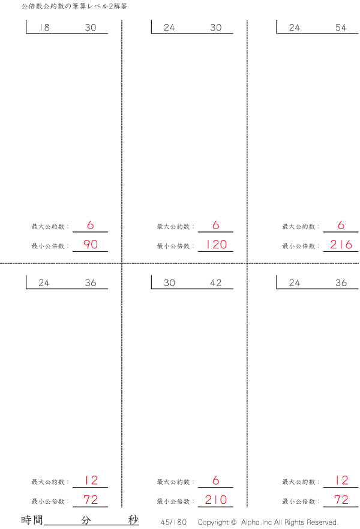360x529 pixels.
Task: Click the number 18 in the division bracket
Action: tap(44, 28)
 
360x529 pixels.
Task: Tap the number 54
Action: tap(341, 28)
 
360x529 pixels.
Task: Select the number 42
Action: tap(215, 282)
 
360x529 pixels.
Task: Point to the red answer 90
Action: tap(91, 244)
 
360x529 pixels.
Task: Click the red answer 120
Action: tap(216, 244)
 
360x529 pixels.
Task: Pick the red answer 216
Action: tap(341, 244)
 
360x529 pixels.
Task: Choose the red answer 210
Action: tap(216, 500)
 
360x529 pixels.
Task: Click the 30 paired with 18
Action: tap(91, 28)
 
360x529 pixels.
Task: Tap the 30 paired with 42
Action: tap(169, 282)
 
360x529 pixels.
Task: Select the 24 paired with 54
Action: tap(294, 28)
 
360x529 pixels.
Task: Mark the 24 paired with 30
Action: tap(169, 28)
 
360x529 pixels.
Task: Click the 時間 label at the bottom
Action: tap(32, 520)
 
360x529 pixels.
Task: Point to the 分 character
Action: tap(86, 520)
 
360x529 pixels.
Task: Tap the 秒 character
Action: tap(133, 520)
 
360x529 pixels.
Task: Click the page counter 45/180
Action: tap(173, 522)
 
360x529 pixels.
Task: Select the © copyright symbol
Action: tap(233, 522)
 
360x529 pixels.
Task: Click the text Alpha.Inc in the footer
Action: tap(256, 522)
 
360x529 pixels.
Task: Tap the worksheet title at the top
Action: tap(74, 7)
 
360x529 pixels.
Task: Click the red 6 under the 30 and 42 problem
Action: tap(216, 480)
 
